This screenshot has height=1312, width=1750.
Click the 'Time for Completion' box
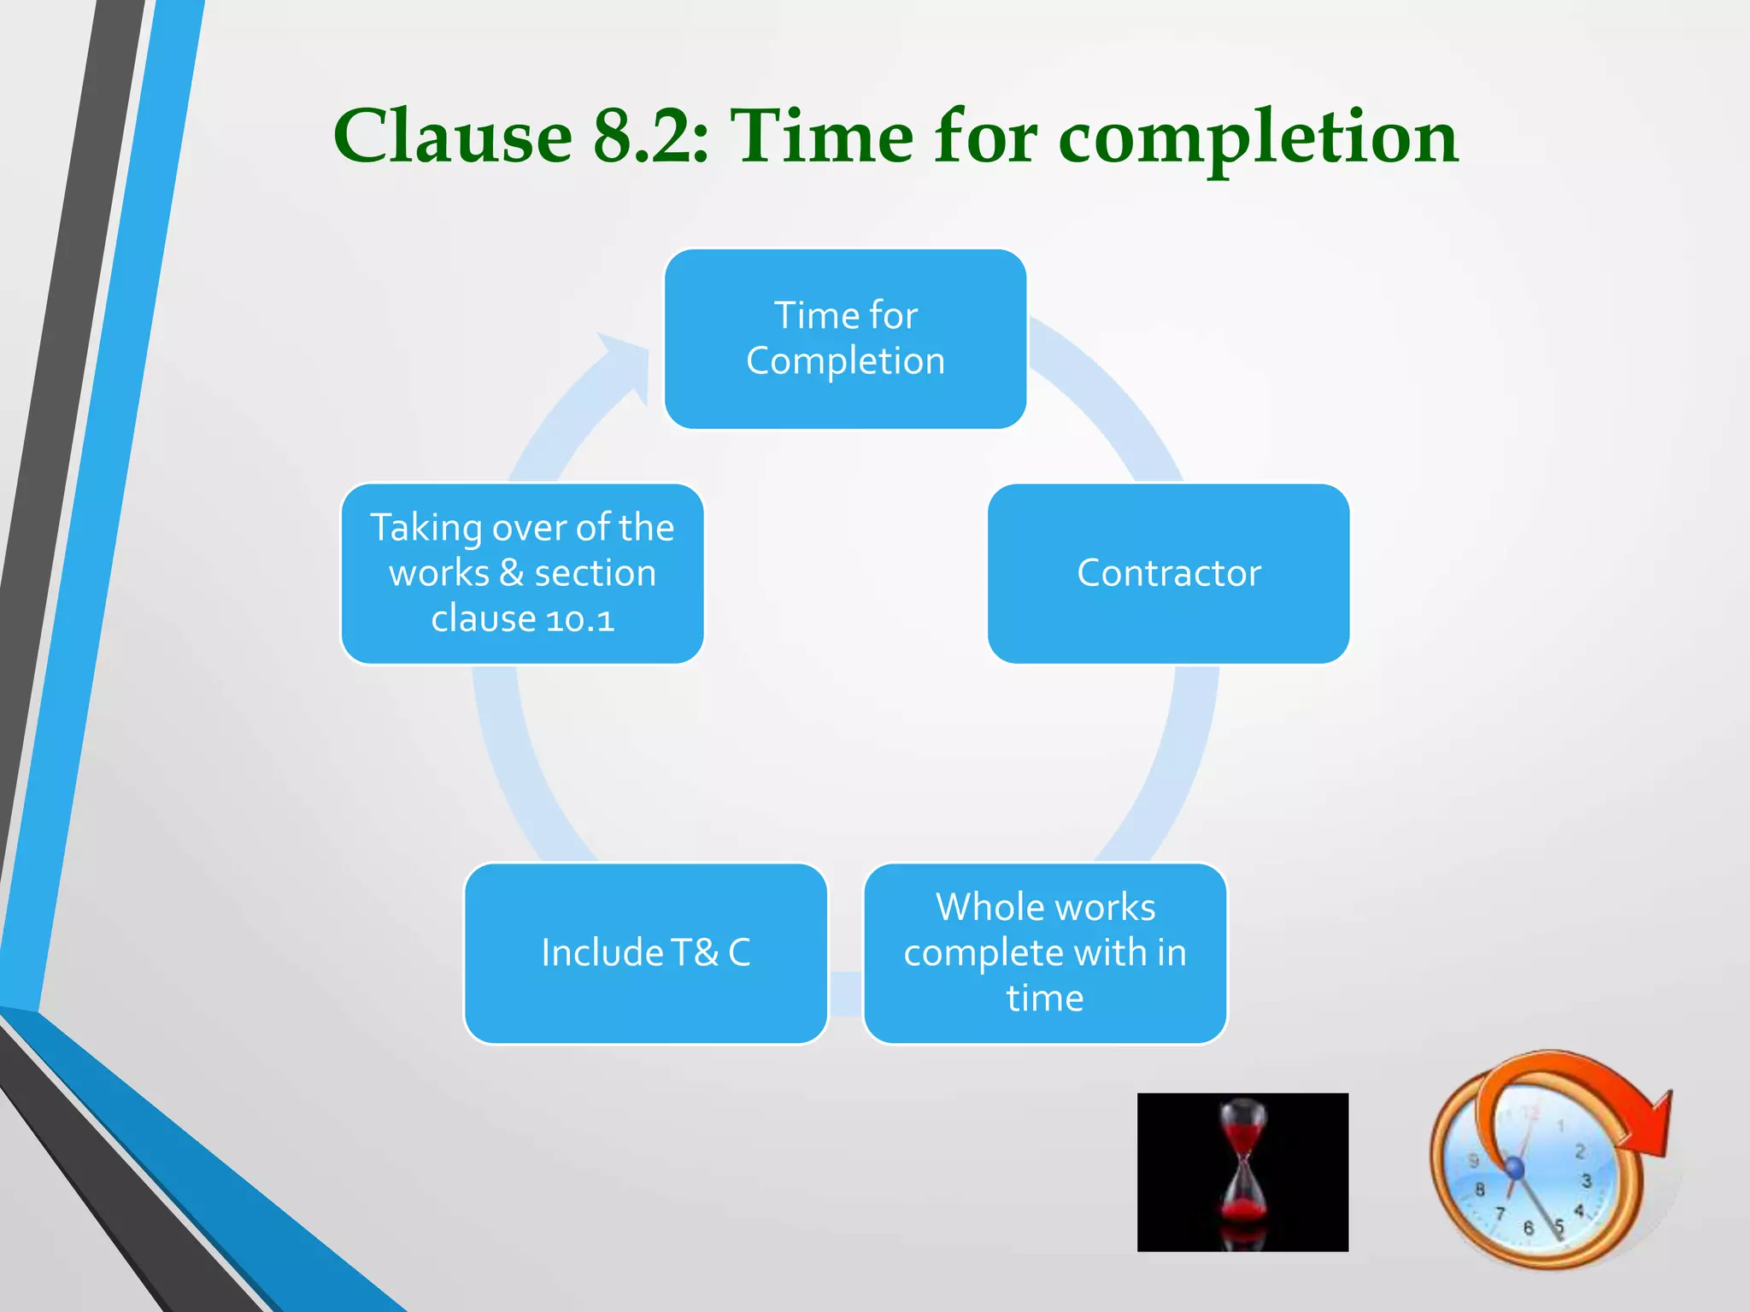[845, 339]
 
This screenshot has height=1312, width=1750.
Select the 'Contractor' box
[1168, 573]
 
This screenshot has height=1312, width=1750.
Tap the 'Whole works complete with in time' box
[1045, 952]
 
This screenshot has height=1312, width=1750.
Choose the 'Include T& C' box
[646, 952]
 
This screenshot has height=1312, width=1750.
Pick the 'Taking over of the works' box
[522, 573]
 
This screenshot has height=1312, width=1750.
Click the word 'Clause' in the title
[452, 138]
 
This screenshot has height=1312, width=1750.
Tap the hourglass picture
[1242, 1172]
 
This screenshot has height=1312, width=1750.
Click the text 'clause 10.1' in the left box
[522, 618]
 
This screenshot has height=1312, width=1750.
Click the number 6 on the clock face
[1528, 1227]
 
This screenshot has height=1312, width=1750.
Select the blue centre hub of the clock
[1514, 1167]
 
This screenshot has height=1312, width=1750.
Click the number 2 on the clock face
[1579, 1151]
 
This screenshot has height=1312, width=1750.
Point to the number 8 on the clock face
[1479, 1189]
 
